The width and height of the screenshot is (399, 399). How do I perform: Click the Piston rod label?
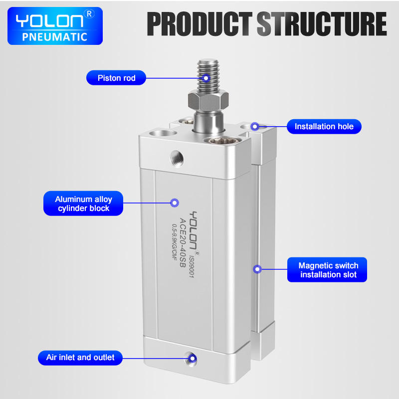point(116,78)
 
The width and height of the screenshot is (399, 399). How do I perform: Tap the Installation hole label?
point(324,127)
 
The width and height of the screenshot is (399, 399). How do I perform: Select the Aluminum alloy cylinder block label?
point(83,203)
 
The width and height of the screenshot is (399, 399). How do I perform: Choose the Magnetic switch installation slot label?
point(327,270)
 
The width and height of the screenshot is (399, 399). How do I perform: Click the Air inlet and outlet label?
point(80,358)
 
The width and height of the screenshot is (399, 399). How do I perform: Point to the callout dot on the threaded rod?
point(206,78)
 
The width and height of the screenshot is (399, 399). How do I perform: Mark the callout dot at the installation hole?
point(255,126)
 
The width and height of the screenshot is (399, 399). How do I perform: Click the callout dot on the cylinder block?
point(174,203)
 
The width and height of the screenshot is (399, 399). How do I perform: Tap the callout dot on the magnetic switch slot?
point(257,269)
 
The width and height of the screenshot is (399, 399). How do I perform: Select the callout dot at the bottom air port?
point(193,359)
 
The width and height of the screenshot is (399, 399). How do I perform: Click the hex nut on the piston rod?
point(208,101)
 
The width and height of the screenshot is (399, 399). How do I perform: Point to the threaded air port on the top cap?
point(177,159)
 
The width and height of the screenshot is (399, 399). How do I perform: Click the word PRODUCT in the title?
point(200,23)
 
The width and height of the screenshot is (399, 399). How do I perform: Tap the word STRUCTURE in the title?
point(322,23)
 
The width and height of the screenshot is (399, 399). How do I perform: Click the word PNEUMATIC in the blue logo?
point(55,37)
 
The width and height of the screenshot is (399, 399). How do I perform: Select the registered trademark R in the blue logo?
point(89,14)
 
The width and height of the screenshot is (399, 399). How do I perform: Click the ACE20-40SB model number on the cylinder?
point(183,242)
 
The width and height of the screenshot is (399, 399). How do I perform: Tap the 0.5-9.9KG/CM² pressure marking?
point(174,242)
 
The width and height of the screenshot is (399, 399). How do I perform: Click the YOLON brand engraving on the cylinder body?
point(194,230)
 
